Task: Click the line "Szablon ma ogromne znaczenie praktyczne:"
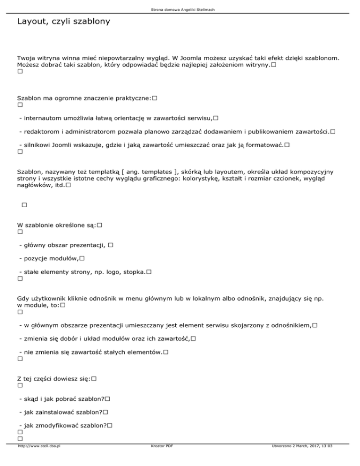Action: (83, 98)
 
